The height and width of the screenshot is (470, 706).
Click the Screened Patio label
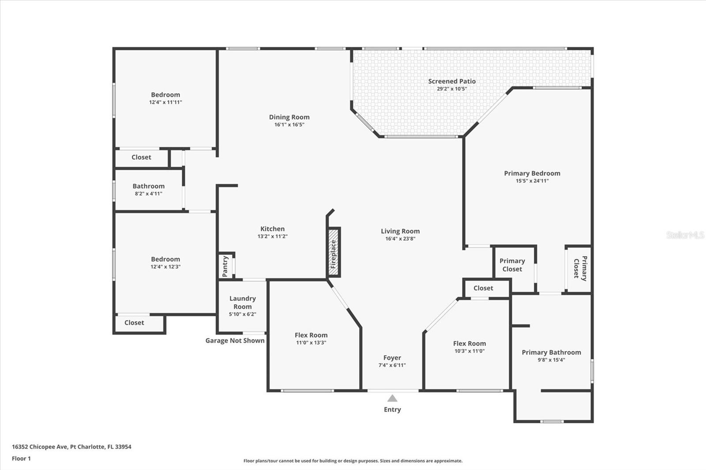452,81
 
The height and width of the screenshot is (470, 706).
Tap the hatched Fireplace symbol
334,252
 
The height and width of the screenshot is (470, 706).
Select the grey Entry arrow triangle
392,399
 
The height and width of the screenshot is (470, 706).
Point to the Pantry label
225,266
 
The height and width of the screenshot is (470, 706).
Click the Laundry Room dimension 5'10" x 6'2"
242,314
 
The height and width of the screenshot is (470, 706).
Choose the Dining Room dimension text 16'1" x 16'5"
289,124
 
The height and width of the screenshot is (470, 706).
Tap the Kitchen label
272,229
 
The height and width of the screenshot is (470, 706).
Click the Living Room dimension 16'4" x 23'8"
400,239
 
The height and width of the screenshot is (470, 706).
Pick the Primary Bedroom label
532,173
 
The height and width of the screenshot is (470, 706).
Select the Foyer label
392,358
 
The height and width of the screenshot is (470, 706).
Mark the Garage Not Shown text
235,340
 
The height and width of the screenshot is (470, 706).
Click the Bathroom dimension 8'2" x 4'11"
148,194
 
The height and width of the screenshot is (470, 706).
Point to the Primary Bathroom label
551,353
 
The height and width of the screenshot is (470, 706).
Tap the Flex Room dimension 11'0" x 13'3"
311,343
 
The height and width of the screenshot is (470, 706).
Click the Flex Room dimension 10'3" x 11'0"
469,351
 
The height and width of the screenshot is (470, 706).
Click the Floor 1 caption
22,459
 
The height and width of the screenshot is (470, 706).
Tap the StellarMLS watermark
685,235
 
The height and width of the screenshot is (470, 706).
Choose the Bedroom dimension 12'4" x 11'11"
165,102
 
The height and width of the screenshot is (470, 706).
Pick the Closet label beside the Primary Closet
483,288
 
